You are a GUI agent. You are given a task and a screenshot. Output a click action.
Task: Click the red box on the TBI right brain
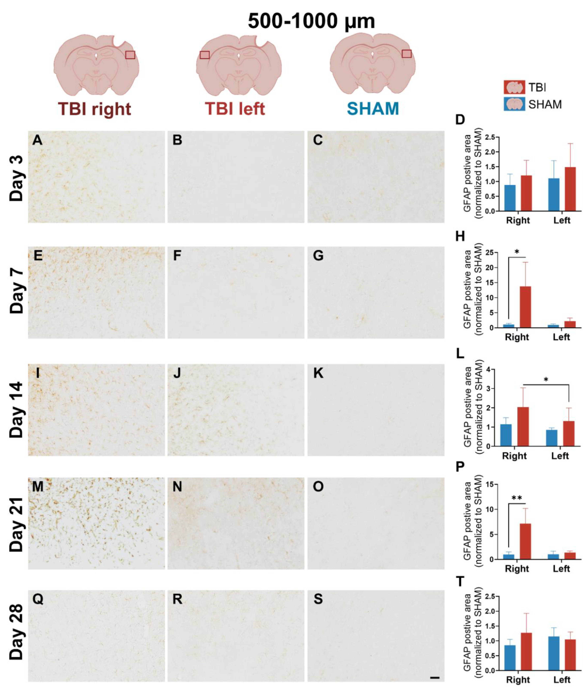(x=130, y=55)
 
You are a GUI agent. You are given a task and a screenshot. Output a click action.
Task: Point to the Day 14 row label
(x=17, y=410)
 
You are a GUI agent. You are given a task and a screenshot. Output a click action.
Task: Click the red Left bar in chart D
(x=570, y=189)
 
